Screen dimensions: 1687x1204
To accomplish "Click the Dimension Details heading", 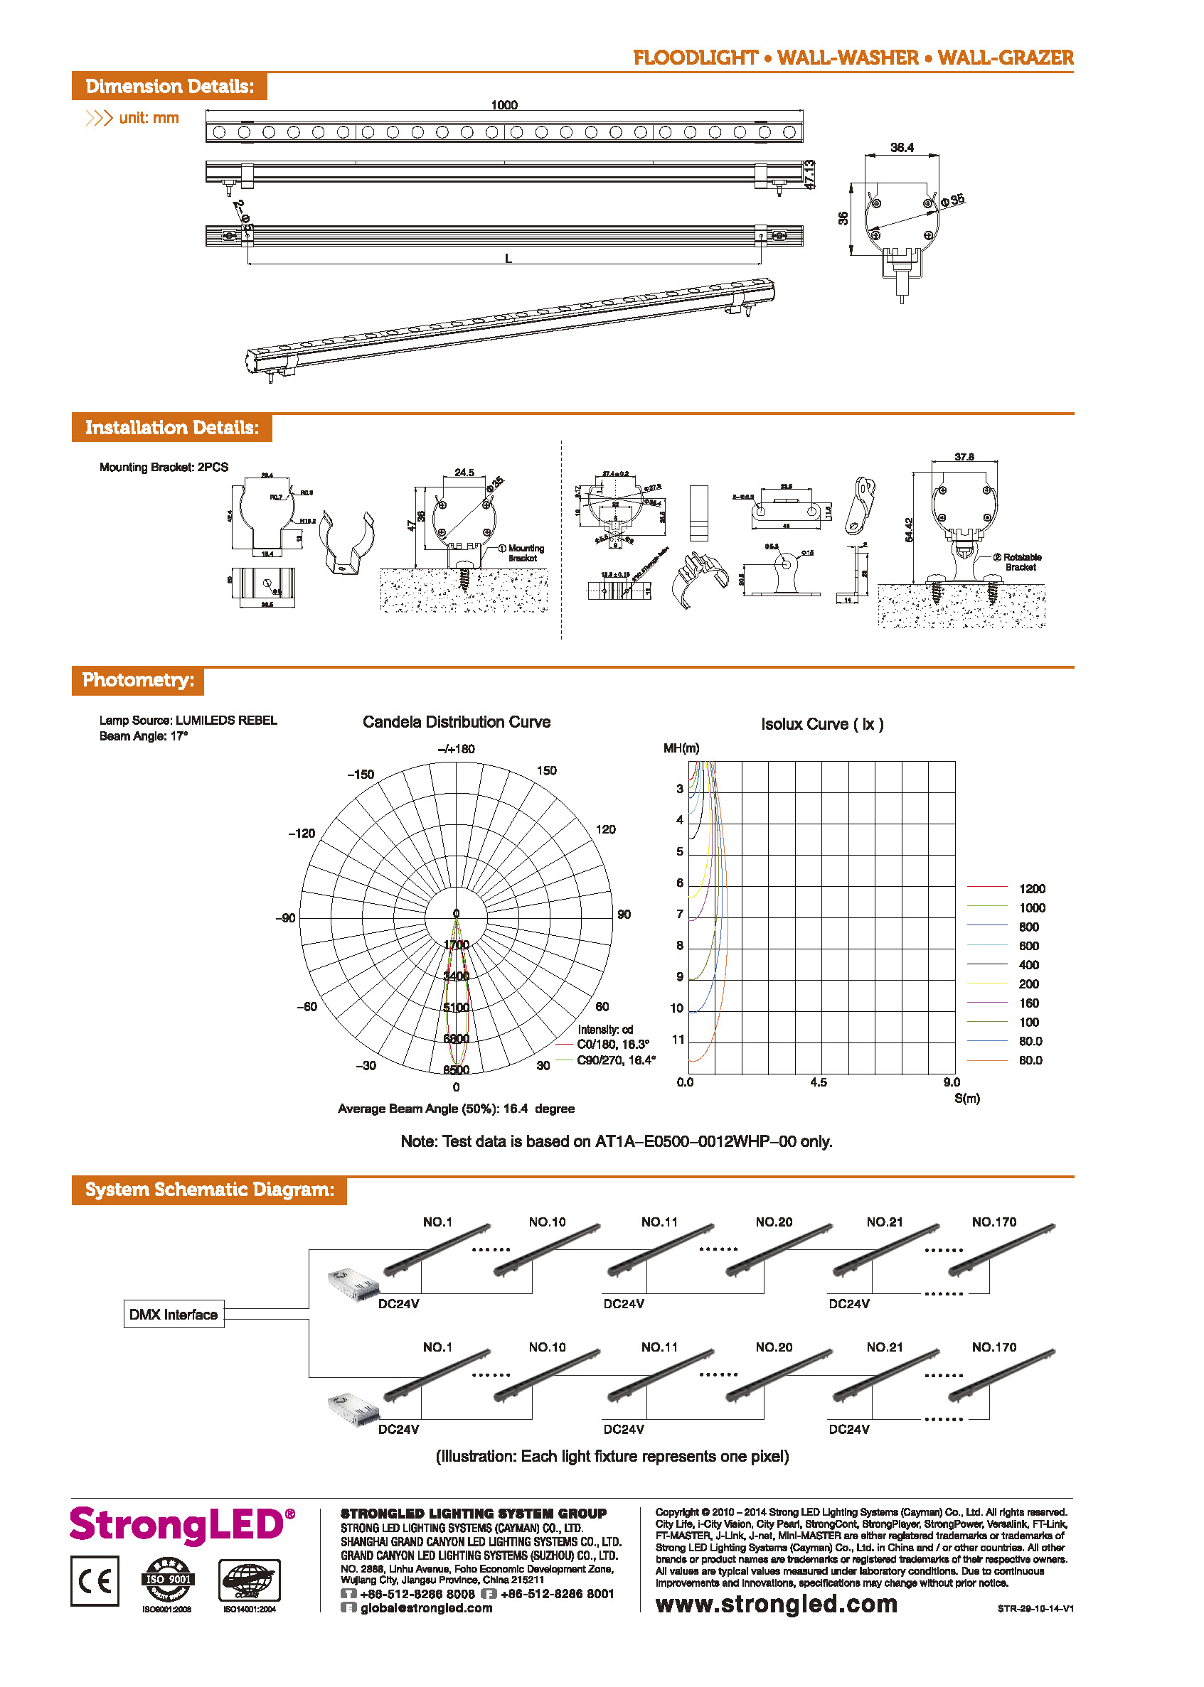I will (169, 87).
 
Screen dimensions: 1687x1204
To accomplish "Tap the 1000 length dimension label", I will (504, 105).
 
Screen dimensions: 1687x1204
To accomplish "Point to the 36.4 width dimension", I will (902, 147).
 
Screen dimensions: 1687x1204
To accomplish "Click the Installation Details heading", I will (171, 428).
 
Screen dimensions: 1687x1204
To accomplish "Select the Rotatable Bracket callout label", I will (1021, 561).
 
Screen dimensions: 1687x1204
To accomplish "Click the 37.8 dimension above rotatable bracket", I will (964, 457).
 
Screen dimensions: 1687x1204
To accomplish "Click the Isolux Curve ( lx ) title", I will (821, 724).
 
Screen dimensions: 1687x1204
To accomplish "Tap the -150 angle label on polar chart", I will (361, 775).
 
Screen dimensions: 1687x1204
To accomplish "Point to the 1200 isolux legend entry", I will (1031, 888).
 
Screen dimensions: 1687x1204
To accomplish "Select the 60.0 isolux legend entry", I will (1030, 1060).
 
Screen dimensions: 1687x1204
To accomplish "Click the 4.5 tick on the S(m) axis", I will (818, 1082).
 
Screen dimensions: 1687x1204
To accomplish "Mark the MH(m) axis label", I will (681, 748).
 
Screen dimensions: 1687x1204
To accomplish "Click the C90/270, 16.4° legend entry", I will (615, 1060).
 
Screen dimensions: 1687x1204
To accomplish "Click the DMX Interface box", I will (174, 1315).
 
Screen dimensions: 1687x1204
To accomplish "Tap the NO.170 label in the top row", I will (993, 1222).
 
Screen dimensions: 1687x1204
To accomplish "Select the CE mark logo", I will (95, 1581).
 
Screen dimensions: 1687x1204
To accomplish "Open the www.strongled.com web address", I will (776, 1604).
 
